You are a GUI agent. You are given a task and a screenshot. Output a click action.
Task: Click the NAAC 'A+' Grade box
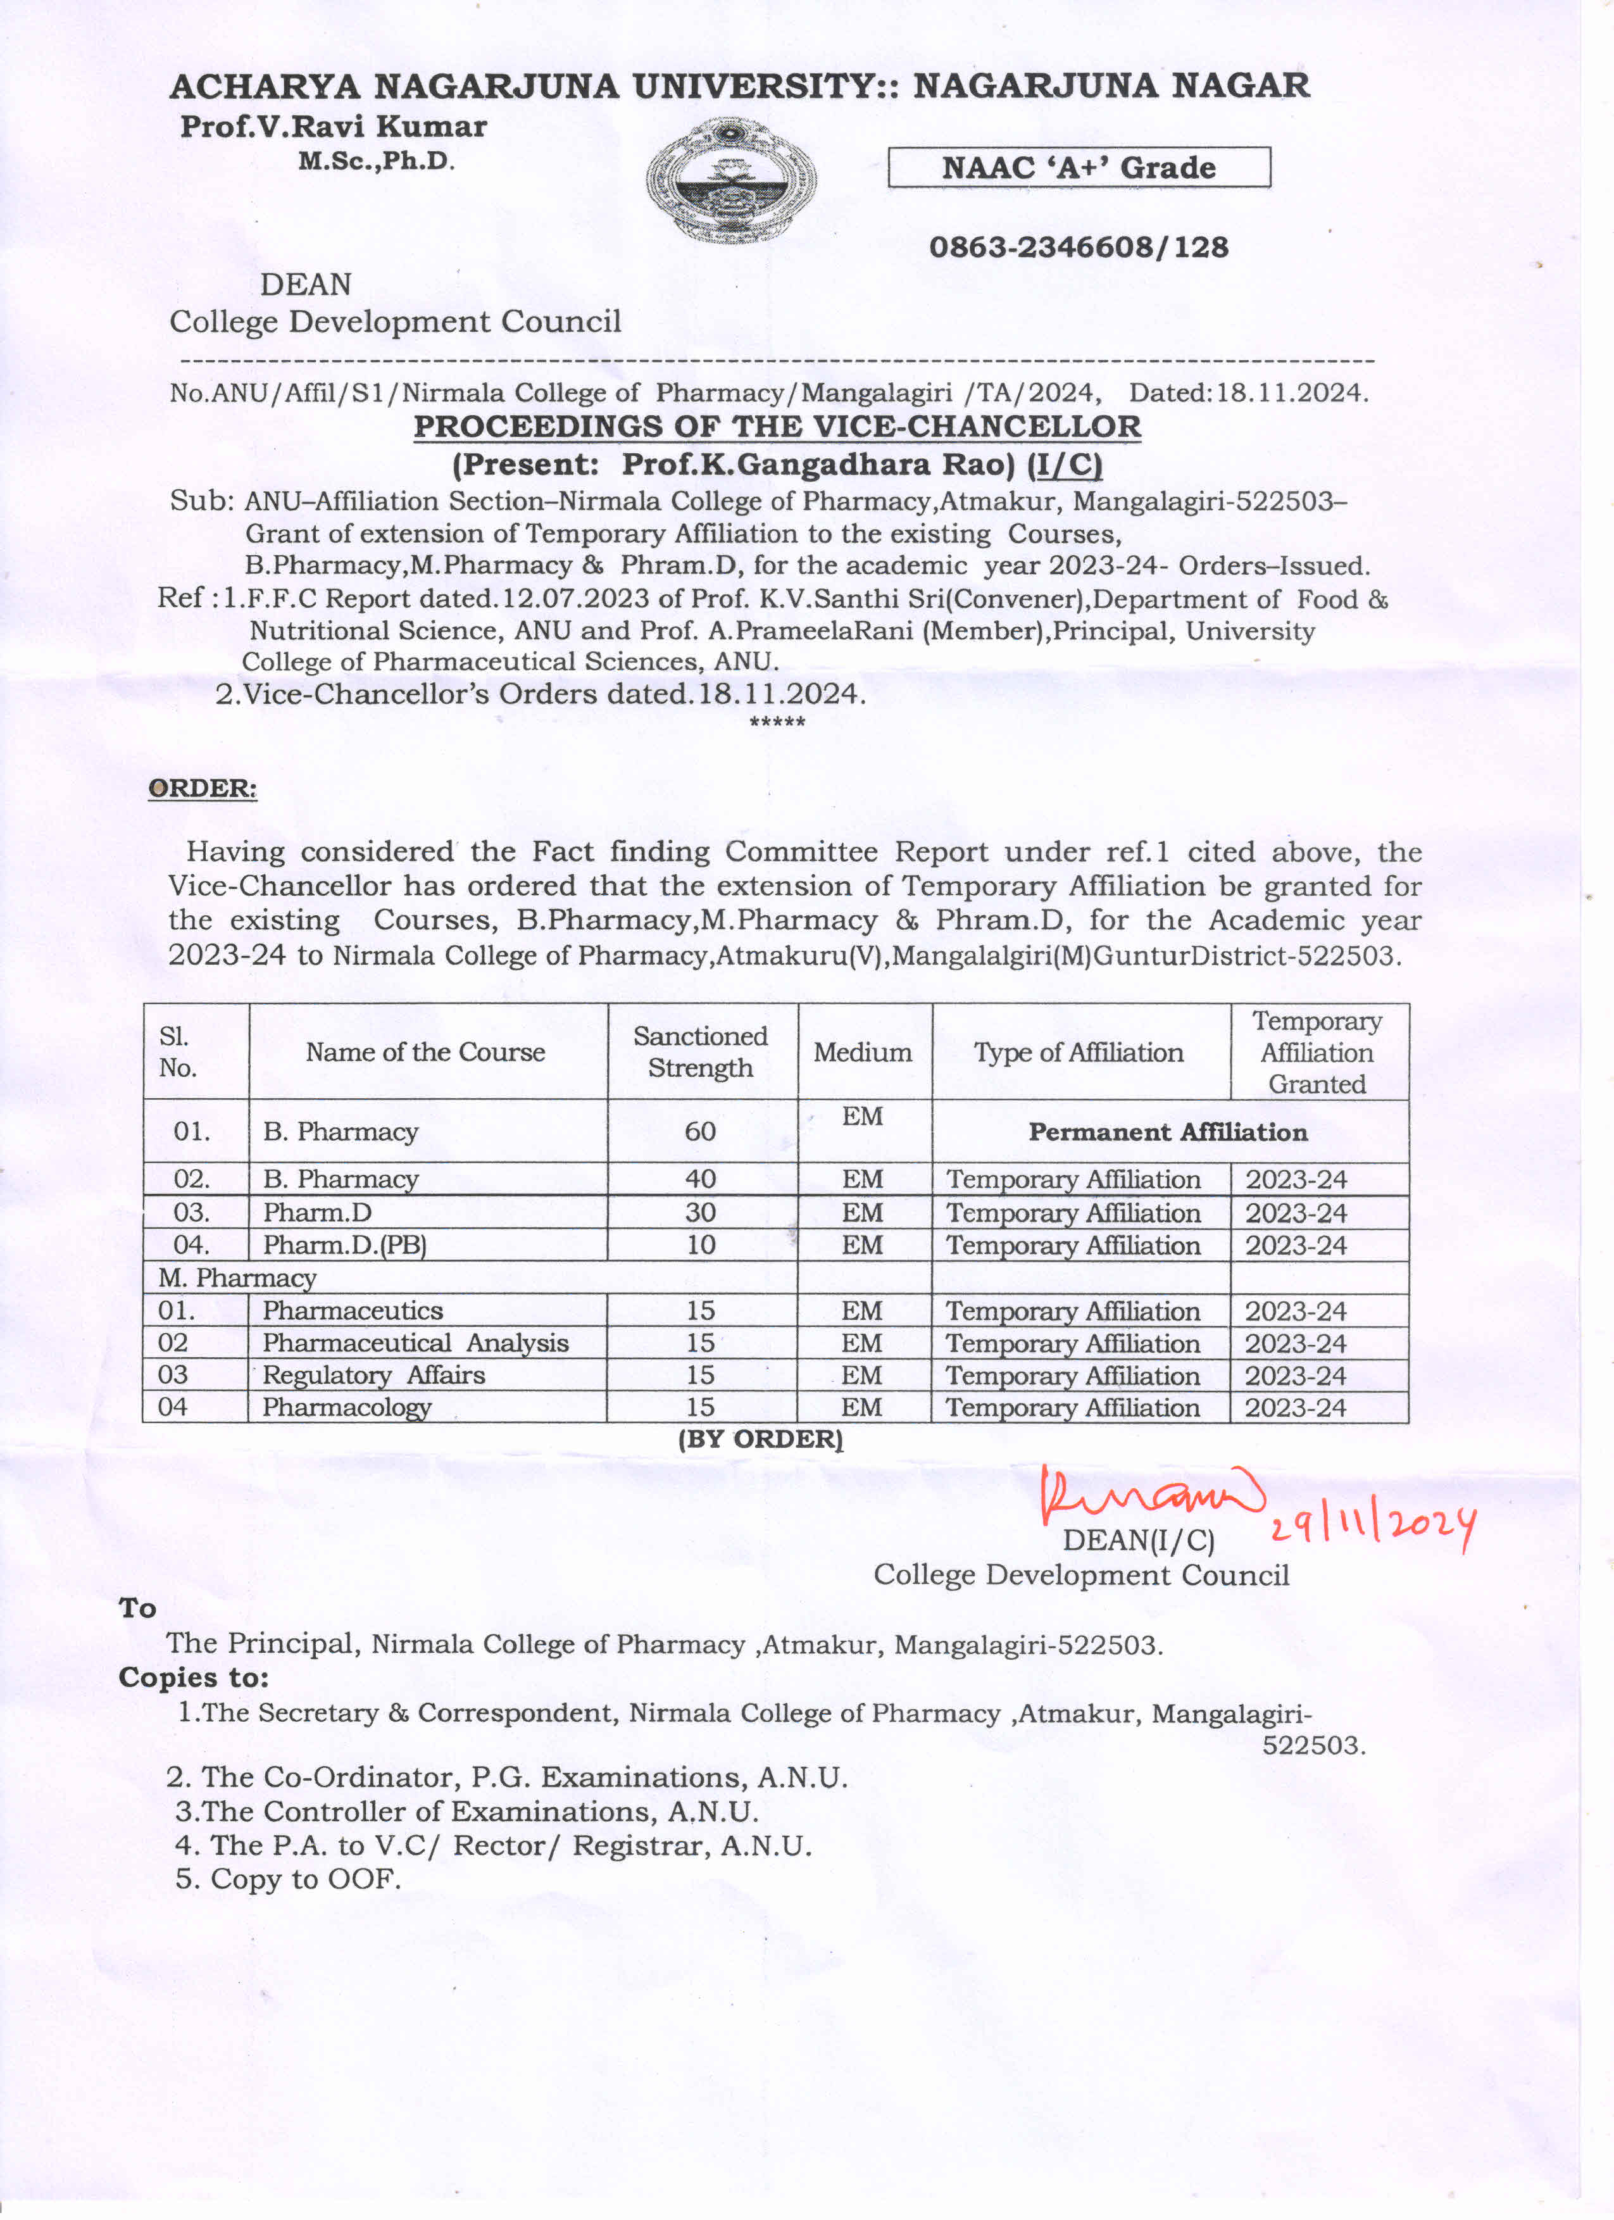point(1078,167)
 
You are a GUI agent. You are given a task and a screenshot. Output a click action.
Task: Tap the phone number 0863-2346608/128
point(1078,247)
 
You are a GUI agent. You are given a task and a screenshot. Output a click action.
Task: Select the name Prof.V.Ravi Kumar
point(333,126)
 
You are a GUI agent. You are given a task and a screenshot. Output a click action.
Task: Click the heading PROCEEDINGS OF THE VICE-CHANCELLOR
point(777,427)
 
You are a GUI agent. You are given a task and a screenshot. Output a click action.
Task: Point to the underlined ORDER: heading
point(203,789)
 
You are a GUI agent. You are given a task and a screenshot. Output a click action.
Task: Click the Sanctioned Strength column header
point(700,1051)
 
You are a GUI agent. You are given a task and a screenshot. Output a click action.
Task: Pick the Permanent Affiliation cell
point(1168,1132)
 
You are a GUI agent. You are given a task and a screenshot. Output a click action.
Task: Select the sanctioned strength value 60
point(700,1132)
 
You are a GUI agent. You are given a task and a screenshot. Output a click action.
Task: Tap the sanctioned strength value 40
point(700,1179)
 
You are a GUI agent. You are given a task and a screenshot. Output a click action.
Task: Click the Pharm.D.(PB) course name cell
point(344,1245)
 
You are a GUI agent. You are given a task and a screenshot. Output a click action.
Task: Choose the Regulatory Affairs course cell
point(374,1376)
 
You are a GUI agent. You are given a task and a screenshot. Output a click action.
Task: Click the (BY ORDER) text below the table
point(760,1439)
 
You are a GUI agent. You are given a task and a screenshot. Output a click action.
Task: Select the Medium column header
point(862,1052)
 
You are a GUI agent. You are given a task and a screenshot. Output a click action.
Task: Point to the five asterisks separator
point(777,722)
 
